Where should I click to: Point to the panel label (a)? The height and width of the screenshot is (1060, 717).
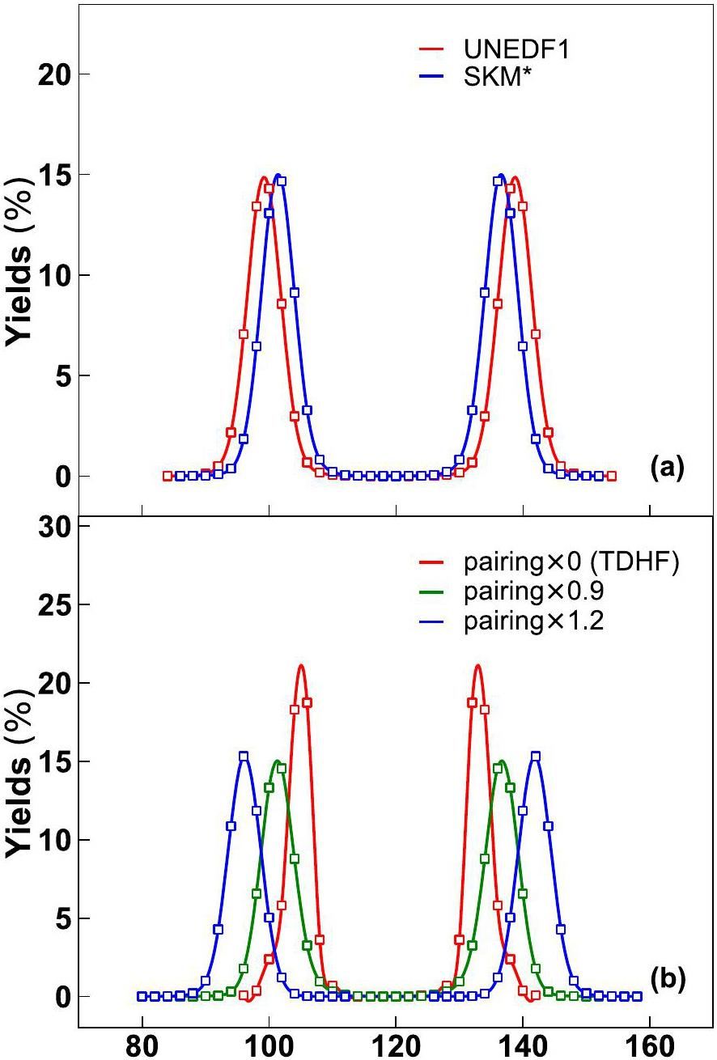[x=667, y=467]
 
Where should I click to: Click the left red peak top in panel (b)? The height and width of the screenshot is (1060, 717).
[x=301, y=666]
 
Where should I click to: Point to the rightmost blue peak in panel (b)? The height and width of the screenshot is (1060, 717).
[x=535, y=756]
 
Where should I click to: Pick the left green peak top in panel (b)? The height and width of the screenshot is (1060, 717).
[x=278, y=761]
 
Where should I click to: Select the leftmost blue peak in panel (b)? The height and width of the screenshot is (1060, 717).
[x=243, y=756]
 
